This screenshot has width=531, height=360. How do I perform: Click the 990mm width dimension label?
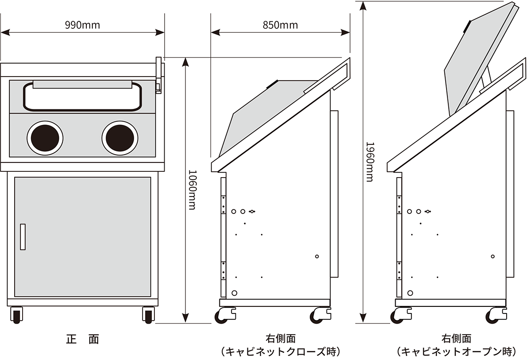click(x=82, y=25)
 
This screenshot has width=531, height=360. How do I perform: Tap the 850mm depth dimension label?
click(x=280, y=25)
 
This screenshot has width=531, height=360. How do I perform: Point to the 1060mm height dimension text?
click(x=192, y=190)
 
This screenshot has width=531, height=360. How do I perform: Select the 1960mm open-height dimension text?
click(x=370, y=162)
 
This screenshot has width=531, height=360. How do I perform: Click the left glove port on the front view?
click(x=45, y=138)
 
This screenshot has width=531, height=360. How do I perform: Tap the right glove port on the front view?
click(x=120, y=138)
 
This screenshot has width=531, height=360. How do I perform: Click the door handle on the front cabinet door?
click(x=23, y=237)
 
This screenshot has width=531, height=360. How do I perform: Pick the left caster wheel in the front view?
click(x=17, y=315)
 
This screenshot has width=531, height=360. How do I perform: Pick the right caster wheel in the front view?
click(x=148, y=315)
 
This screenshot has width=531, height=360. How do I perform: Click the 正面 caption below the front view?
click(x=82, y=339)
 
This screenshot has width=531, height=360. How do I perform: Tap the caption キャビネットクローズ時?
click(x=281, y=352)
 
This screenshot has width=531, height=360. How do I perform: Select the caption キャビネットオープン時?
click(x=457, y=352)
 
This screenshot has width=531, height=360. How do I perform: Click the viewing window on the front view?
click(x=82, y=97)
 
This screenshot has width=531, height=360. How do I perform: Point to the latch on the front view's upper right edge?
click(x=158, y=75)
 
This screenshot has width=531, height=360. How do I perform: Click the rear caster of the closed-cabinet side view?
click(x=320, y=315)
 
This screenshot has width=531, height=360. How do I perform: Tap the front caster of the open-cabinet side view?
click(x=401, y=315)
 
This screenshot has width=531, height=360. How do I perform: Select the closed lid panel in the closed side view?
click(x=268, y=119)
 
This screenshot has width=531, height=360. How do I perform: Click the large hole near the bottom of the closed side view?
click(x=235, y=293)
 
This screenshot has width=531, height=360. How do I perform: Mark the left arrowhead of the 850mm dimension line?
click(x=215, y=32)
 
